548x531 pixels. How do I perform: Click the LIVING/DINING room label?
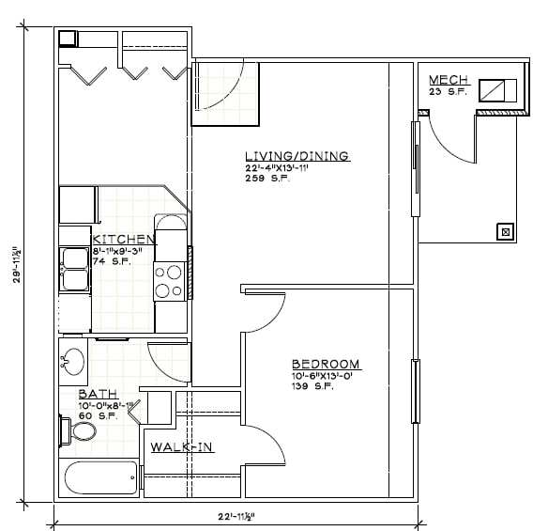click(296, 156)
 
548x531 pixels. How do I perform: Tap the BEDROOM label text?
click(325, 364)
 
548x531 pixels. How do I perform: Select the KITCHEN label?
click(124, 240)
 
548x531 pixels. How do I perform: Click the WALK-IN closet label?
click(182, 447)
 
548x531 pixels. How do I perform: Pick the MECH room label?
click(449, 79)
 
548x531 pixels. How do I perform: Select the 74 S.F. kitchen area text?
click(111, 261)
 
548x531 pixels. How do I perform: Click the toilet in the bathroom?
click(80, 431)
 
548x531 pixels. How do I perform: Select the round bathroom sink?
click(73, 362)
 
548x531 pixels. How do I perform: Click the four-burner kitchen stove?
click(169, 280)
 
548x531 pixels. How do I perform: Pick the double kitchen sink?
click(73, 269)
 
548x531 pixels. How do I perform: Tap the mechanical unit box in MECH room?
click(497, 90)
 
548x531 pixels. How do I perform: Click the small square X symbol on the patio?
click(506, 230)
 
